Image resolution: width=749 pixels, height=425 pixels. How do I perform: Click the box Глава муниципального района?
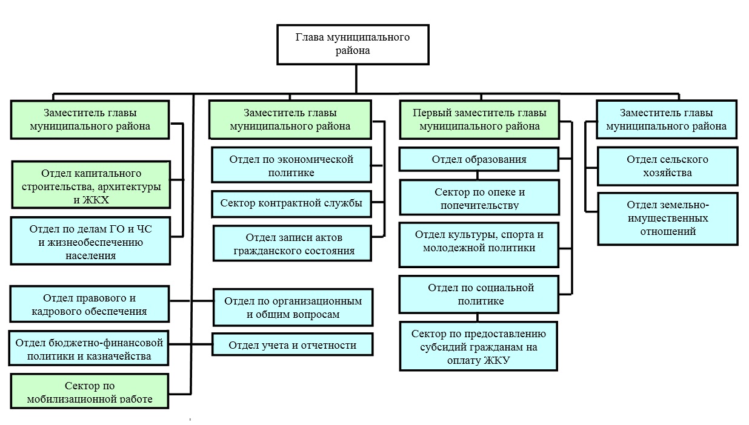coord(352,44)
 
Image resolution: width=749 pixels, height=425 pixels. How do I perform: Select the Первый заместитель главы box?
coord(479,119)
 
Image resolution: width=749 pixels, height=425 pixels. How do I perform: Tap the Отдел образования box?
coord(479,160)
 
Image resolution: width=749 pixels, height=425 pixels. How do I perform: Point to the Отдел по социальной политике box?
coord(479,294)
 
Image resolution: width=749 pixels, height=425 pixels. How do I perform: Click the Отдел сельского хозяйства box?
coord(667,166)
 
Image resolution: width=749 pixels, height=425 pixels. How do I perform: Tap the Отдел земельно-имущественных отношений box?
coord(667,218)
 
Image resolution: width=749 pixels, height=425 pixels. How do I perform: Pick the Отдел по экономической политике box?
coord(291,165)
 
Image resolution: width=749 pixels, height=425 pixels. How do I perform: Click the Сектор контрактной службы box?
coord(291,203)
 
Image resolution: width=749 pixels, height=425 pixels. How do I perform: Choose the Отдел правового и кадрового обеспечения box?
coord(90,305)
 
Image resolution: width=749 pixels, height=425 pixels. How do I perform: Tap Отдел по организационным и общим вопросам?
coord(293,308)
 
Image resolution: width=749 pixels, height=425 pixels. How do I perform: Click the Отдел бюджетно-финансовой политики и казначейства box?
coord(89,349)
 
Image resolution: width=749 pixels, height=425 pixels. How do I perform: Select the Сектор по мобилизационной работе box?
coord(90,391)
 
